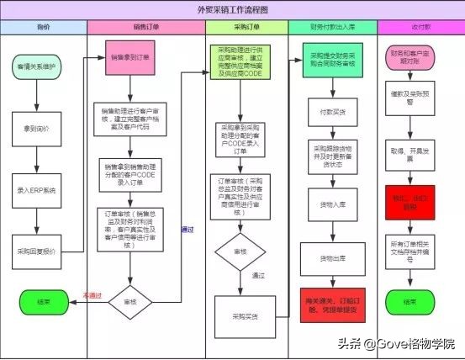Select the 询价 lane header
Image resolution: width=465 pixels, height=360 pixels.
(x=44, y=27)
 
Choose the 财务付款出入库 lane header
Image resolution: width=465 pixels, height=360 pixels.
(x=331, y=27)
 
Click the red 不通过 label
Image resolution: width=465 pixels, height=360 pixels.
(x=92, y=294)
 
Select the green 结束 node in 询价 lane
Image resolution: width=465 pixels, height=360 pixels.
(x=41, y=300)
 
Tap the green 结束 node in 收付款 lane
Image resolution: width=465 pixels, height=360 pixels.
(x=410, y=300)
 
